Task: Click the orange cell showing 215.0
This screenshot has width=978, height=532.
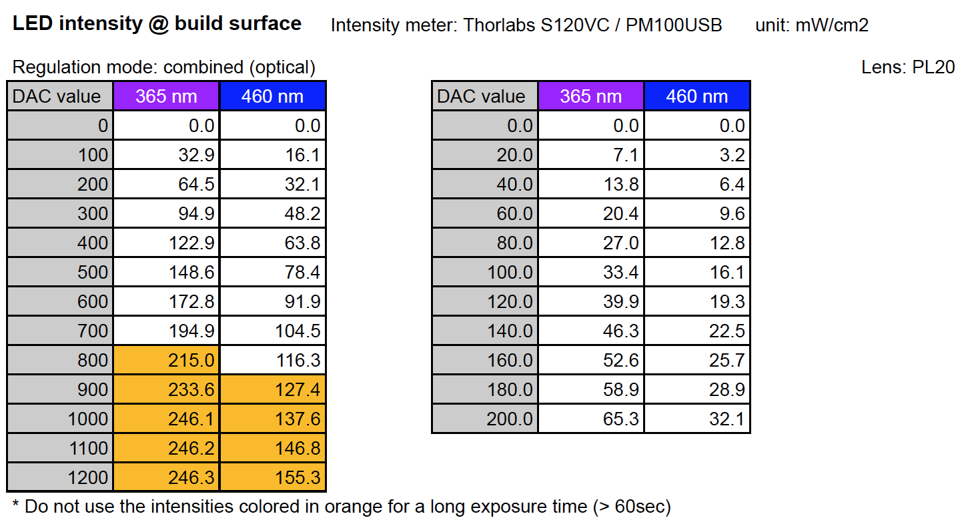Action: tap(167, 361)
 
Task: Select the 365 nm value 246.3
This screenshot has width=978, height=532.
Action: tap(167, 478)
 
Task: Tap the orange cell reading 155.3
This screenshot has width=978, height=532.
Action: tap(273, 478)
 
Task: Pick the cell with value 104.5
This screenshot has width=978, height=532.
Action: tap(273, 331)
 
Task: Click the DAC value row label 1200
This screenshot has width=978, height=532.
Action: tap(60, 478)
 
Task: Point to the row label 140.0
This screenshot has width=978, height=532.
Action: tap(485, 331)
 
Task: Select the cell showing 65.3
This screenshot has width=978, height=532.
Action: tap(591, 419)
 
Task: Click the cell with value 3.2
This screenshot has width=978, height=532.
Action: tap(697, 155)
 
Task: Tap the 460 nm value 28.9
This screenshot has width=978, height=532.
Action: tap(697, 390)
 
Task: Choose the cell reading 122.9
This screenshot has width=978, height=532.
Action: tap(167, 243)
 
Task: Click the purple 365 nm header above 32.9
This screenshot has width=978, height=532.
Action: tap(166, 96)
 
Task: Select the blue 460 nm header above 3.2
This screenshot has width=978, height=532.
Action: tap(696, 96)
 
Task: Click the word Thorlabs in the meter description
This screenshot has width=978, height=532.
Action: tap(499, 26)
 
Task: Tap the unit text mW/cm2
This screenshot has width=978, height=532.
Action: tap(832, 26)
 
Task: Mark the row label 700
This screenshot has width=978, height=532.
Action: tap(60, 331)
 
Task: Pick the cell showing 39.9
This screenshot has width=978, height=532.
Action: tap(591, 302)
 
